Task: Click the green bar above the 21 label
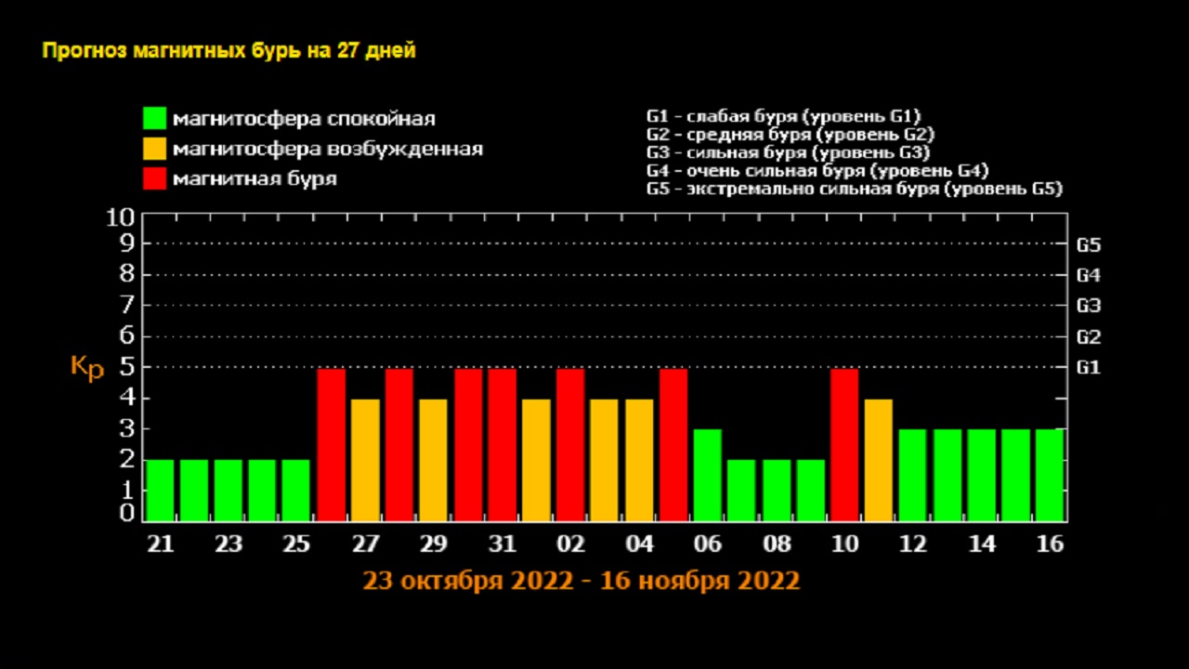pyautogui.click(x=160, y=490)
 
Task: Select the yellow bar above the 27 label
pyautogui.click(x=365, y=459)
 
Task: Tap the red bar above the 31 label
pyautogui.click(x=502, y=444)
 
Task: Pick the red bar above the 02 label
pyautogui.click(x=570, y=444)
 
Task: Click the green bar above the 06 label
pyautogui.click(x=707, y=475)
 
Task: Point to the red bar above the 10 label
pyautogui.click(x=843, y=444)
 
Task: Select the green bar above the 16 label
pyautogui.click(x=1050, y=475)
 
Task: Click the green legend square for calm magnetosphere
pyautogui.click(x=154, y=119)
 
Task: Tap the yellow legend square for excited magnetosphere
pyautogui.click(x=154, y=149)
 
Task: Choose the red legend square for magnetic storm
pyautogui.click(x=154, y=178)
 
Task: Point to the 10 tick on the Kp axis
pyautogui.click(x=122, y=218)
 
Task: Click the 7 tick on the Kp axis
pyautogui.click(x=127, y=305)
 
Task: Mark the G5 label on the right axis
pyautogui.click(x=1089, y=246)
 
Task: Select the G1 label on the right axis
pyautogui.click(x=1089, y=367)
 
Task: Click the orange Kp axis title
pyautogui.click(x=87, y=367)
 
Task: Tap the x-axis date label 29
pyautogui.click(x=433, y=544)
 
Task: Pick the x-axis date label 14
pyautogui.click(x=981, y=544)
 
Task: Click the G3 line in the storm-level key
pyautogui.click(x=788, y=152)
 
